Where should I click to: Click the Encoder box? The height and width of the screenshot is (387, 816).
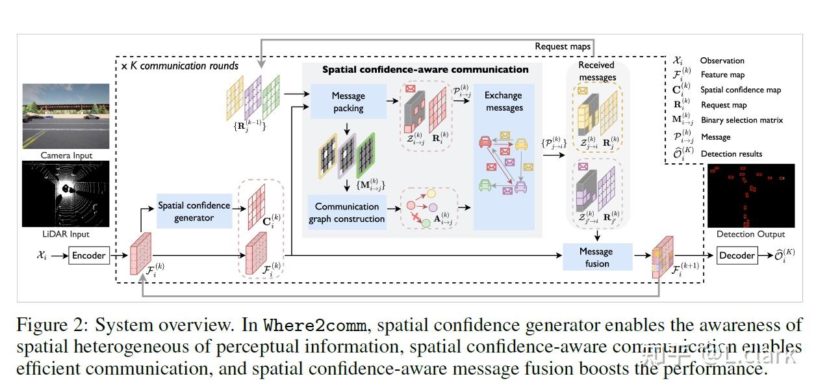pos(88,256)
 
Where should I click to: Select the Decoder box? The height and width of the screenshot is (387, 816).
pos(737,256)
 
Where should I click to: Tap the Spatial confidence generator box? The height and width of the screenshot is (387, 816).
pos(194,211)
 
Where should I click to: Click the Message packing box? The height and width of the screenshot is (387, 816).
pos(348,101)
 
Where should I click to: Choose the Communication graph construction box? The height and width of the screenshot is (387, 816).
pos(347,213)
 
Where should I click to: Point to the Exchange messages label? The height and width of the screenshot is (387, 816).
pos(504,101)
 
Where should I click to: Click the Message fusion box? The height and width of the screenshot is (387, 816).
pos(596,257)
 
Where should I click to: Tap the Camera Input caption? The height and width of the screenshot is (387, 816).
pos(66,155)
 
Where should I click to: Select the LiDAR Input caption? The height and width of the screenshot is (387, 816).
pos(66,234)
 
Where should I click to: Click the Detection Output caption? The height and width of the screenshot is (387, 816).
pos(750,234)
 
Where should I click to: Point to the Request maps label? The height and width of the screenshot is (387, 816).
pos(563,47)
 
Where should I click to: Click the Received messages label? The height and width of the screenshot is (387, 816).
pos(596,71)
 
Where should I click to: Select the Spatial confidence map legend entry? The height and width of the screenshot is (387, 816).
pos(740,90)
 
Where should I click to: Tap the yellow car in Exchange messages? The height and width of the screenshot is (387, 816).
pos(521,144)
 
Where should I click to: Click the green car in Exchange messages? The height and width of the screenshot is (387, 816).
pos(485,186)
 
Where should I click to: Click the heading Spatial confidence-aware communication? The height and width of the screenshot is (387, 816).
pos(426,70)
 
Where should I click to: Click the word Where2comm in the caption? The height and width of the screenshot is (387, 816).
pos(303,325)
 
